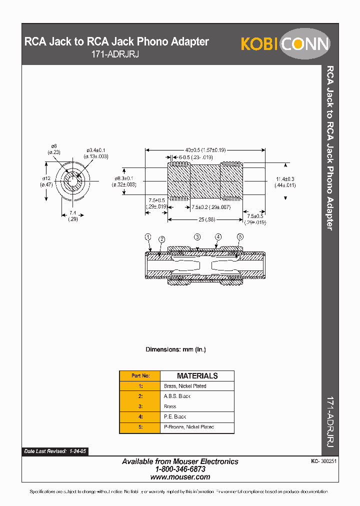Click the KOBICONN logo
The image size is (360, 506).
(285, 44)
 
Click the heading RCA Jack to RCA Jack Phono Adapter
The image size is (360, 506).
(116, 42)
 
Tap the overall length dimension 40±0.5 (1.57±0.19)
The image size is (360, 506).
(205, 149)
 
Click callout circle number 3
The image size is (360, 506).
(197, 236)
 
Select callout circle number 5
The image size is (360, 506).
(240, 236)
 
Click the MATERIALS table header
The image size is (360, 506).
(197, 375)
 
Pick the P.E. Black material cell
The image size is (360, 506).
(175, 416)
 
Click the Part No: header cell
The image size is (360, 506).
(140, 375)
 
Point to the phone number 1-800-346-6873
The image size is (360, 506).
(180, 469)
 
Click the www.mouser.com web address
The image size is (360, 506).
(180, 477)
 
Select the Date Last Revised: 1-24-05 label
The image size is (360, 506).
(55, 451)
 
